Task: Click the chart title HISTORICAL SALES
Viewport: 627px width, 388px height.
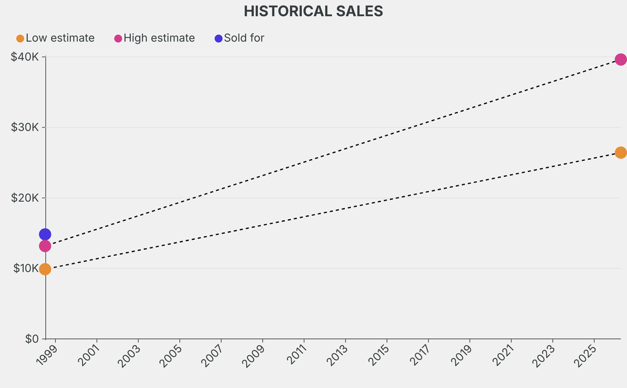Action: click(x=313, y=11)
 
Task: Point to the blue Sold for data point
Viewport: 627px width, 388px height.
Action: click(x=45, y=234)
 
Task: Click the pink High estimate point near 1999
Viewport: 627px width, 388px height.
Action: click(x=45, y=246)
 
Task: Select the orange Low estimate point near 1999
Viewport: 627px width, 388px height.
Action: click(x=45, y=269)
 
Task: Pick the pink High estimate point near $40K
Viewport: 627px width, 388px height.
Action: click(x=620, y=59)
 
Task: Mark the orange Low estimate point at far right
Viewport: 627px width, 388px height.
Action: click(x=620, y=152)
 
